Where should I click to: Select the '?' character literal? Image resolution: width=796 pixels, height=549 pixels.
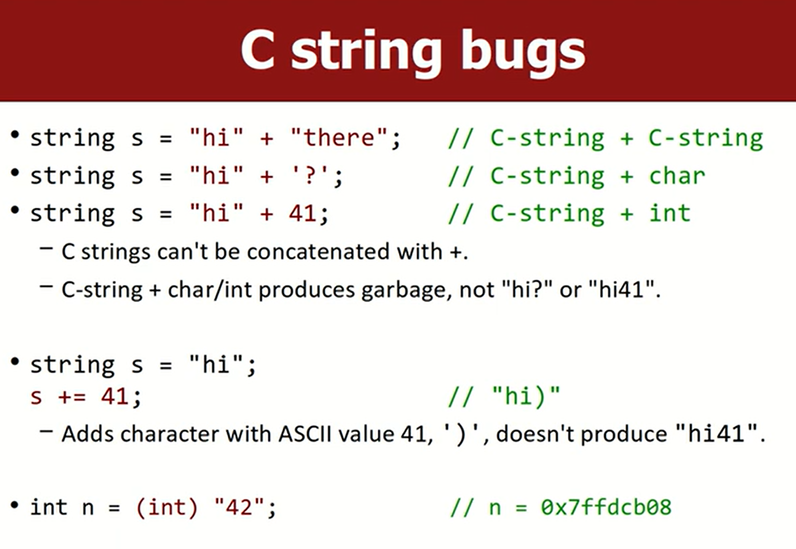[310, 175]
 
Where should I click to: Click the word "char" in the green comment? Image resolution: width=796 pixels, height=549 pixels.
[677, 176]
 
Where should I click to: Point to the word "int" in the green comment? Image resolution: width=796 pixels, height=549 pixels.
[670, 213]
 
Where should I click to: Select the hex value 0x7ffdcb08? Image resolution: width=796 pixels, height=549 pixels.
[606, 507]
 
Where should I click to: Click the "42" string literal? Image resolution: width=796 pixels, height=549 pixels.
[239, 507]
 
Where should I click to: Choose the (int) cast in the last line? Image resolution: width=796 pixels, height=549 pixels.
[167, 507]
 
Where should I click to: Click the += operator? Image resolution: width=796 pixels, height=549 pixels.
[72, 396]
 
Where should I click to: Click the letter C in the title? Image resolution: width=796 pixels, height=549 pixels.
[258, 50]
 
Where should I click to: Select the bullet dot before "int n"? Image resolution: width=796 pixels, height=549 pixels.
[14, 505]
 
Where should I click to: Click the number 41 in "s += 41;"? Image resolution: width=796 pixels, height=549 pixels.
[114, 396]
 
